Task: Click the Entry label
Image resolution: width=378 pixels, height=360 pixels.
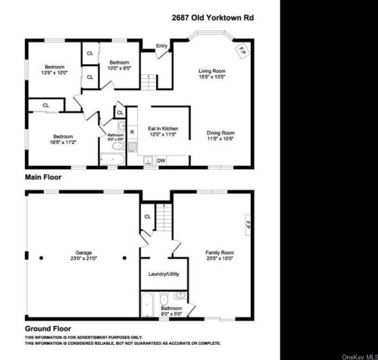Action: coord(161,46)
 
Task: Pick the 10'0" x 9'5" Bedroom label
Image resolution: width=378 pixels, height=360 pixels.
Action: coord(120,64)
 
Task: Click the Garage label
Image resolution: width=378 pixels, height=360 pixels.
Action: coord(83,254)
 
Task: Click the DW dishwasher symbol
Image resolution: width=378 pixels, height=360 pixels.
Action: coord(161,161)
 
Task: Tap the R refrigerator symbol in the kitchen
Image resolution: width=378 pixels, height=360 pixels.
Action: coord(133,132)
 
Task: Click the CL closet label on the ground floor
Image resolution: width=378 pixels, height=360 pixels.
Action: coord(148,218)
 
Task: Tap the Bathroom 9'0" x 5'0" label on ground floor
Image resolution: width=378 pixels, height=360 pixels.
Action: coord(170,311)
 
